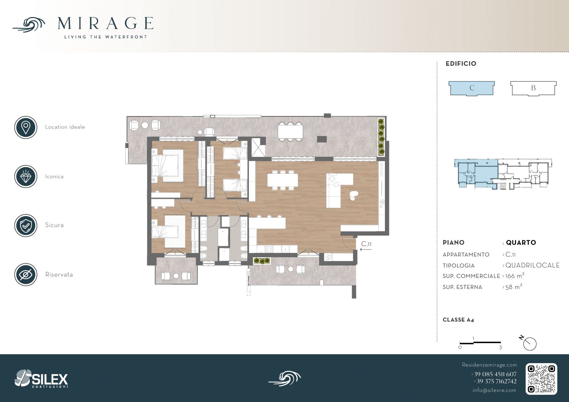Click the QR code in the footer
pyautogui.click(x=541, y=379)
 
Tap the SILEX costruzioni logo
pyautogui.click(x=41, y=379)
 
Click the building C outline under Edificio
pyautogui.click(x=471, y=88)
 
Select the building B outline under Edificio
pyautogui.click(x=533, y=88)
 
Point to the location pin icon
pyautogui.click(x=26, y=127)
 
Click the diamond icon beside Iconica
pyautogui.click(x=26, y=177)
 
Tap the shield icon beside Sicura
pyautogui.click(x=26, y=225)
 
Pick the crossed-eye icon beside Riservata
pyautogui.click(x=26, y=275)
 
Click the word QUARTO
pyautogui.click(x=521, y=243)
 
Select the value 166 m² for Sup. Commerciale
pyautogui.click(x=515, y=276)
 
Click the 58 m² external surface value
pyautogui.click(x=514, y=287)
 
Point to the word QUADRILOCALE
pyautogui.click(x=533, y=265)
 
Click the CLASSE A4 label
pyautogui.click(x=458, y=320)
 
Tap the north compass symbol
pyautogui.click(x=529, y=344)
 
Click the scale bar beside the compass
pyautogui.click(x=480, y=343)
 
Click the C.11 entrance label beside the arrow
pyautogui.click(x=366, y=244)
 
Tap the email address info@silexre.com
pyautogui.click(x=494, y=390)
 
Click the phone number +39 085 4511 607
pyautogui.click(x=494, y=374)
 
